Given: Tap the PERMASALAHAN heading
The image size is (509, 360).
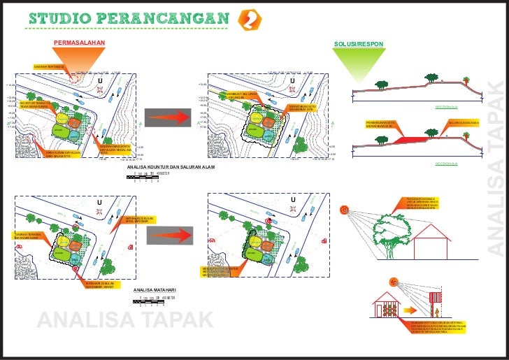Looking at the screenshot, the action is [80, 44].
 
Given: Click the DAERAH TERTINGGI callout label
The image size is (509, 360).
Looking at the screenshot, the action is [49, 67].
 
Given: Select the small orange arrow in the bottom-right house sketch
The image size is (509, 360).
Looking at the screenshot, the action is [413, 308].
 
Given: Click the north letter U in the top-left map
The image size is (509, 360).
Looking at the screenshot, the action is [100, 81].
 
